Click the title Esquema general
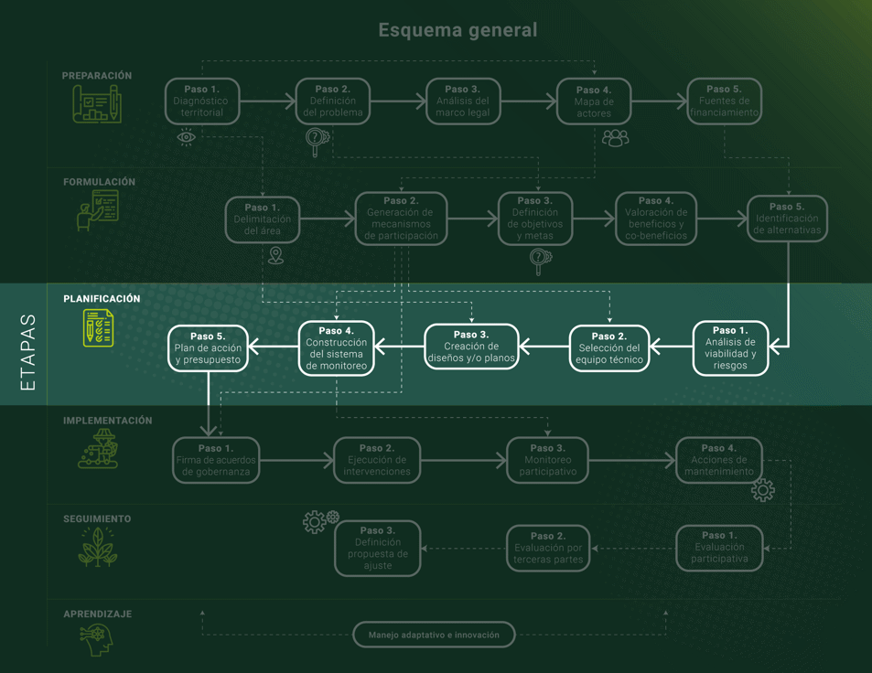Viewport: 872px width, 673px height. [458, 30]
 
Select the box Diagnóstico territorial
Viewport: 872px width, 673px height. [202, 101]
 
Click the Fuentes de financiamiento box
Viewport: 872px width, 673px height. [724, 101]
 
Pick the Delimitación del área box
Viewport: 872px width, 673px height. [263, 220]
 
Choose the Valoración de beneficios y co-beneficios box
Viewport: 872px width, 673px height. [656, 219]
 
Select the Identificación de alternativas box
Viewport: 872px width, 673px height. [787, 219]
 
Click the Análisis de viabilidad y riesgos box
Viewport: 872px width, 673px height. [730, 348]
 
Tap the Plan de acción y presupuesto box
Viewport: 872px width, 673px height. [209, 348]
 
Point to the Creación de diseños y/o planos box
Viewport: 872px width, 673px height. [471, 347]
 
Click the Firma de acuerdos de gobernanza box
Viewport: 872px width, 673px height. [216, 460]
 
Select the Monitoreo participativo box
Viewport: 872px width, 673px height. [547, 460]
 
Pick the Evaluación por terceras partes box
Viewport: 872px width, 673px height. [548, 548]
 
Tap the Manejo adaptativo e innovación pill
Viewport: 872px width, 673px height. [434, 635]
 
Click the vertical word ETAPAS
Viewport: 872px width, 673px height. [28, 353]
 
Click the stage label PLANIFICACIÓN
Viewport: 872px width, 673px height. [102, 299]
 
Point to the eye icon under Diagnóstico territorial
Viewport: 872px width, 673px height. [187, 137]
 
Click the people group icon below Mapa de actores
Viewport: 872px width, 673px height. [615, 138]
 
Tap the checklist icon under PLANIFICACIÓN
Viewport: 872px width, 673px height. [99, 327]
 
